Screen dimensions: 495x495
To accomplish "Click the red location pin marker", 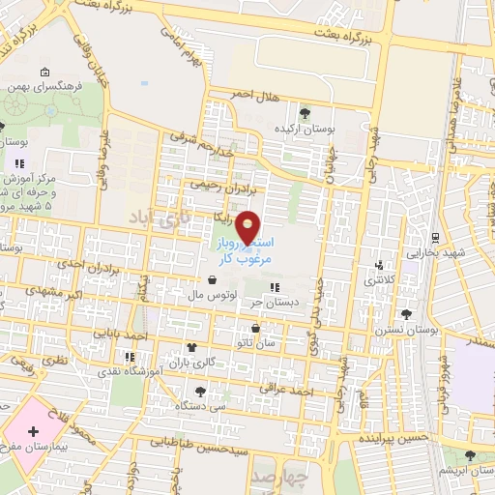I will pyautogui.click(x=248, y=226).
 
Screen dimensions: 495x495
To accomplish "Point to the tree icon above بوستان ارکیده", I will pyautogui.click(x=306, y=113).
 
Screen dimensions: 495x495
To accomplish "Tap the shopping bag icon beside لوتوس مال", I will pyautogui.click(x=212, y=281).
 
